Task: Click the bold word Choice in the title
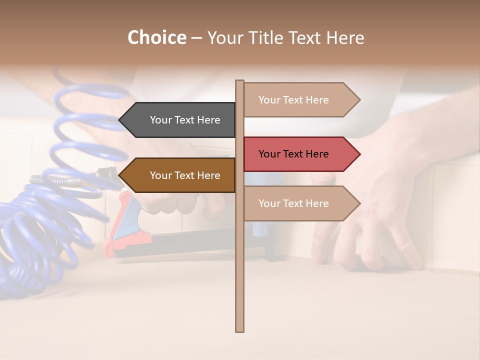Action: coord(156,37)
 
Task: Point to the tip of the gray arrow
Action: coord(120,120)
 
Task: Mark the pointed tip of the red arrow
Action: coord(359,154)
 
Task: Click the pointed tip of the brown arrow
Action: coord(120,175)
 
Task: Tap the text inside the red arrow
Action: coord(293,154)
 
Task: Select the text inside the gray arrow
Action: coord(185,120)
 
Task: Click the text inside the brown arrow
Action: coord(185,175)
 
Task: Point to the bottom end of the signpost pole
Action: coord(239,330)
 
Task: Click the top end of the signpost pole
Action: coord(239,81)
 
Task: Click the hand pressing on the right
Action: coord(380,200)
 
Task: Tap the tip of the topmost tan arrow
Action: coord(359,99)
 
